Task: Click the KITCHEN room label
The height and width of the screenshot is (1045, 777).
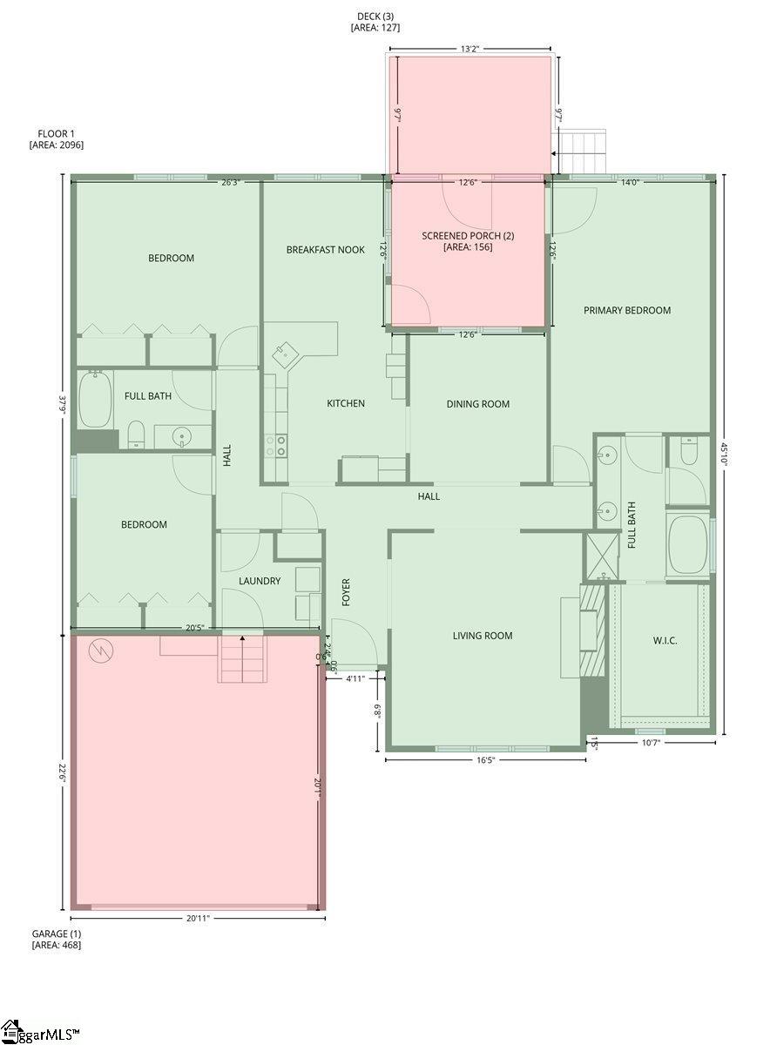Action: [x=346, y=403]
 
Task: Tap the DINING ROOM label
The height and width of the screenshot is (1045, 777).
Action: [x=477, y=404]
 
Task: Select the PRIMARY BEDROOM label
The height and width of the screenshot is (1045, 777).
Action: [x=627, y=310]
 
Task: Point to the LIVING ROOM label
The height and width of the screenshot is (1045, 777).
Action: [x=483, y=636]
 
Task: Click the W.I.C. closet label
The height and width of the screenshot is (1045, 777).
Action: [x=665, y=641]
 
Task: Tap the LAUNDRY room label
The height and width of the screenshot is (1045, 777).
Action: [x=260, y=581]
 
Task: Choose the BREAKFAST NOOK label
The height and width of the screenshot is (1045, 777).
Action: [x=326, y=250]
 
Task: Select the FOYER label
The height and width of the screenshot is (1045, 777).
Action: [x=346, y=592]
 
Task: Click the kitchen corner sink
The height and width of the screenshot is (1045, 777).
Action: [x=285, y=354]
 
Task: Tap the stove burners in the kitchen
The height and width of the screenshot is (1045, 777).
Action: [x=276, y=447]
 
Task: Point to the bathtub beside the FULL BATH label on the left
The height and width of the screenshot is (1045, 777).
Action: [x=95, y=400]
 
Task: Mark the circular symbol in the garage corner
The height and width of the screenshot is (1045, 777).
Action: [x=99, y=650]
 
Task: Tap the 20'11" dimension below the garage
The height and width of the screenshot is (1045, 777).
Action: [x=197, y=918]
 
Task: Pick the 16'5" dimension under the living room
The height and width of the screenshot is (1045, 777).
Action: [x=484, y=760]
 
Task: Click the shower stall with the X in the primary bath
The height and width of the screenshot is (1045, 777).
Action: [x=601, y=554]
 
